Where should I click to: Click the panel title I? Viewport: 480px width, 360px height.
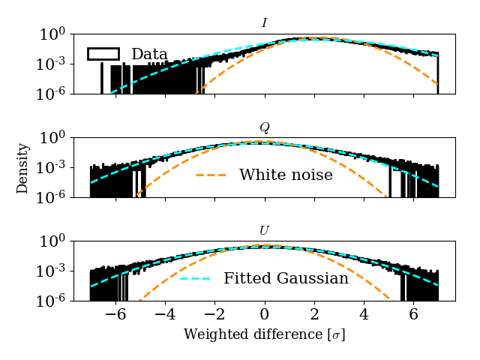click(x=264, y=23)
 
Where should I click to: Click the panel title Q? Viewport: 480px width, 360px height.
click(x=264, y=127)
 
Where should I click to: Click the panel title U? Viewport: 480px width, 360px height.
click(x=264, y=230)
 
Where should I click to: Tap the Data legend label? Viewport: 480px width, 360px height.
click(x=149, y=54)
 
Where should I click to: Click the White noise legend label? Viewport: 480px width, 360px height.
click(x=286, y=175)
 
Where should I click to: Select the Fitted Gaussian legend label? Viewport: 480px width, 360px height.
click(x=286, y=278)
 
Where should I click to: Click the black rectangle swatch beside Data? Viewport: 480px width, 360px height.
click(x=103, y=54)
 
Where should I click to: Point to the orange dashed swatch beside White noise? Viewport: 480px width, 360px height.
click(x=211, y=175)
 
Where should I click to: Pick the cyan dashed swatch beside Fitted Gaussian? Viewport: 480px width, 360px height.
click(x=195, y=278)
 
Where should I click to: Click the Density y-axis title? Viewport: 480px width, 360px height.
click(x=23, y=168)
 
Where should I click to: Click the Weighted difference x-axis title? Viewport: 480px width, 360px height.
click(x=264, y=334)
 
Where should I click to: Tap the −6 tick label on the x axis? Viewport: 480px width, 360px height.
click(x=112, y=315)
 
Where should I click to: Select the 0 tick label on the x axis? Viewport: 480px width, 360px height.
click(x=265, y=315)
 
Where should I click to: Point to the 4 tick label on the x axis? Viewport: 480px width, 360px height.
click(x=364, y=315)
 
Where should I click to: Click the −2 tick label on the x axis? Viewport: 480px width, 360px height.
click(x=211, y=315)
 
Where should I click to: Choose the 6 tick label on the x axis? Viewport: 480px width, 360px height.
click(x=413, y=315)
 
